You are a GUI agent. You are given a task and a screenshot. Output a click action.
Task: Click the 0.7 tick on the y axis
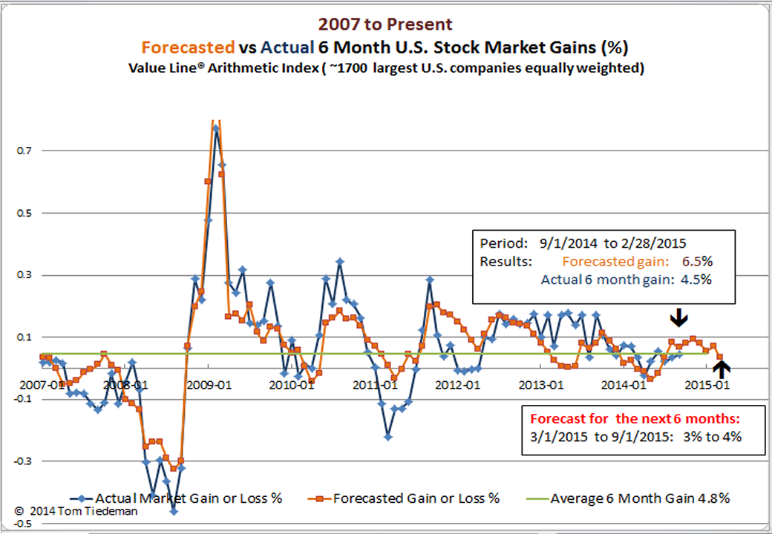(22, 151)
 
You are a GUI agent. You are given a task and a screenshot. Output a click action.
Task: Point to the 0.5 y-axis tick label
(22, 213)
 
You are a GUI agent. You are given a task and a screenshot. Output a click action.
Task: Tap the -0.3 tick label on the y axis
(20, 461)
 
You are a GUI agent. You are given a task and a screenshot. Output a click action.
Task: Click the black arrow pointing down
(678, 318)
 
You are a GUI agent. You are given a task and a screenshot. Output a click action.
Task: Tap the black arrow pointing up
(724, 369)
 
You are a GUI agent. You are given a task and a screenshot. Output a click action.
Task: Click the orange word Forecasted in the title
(188, 48)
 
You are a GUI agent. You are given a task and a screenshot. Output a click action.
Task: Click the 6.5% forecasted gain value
(696, 261)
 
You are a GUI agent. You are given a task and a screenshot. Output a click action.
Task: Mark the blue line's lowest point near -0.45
(174, 511)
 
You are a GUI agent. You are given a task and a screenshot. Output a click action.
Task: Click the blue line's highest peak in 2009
(216, 128)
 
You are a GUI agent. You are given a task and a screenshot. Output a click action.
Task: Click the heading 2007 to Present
(385, 25)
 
